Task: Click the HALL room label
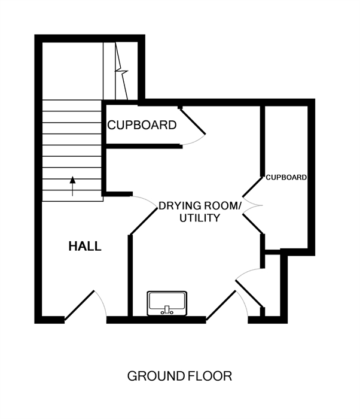click(85, 246)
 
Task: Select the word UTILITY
click(200, 218)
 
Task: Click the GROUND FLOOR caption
click(179, 377)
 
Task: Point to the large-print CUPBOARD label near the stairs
click(142, 125)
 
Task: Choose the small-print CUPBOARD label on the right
click(286, 177)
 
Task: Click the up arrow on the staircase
click(72, 186)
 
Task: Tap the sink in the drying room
click(167, 303)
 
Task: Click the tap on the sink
click(167, 310)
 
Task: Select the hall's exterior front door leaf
click(80, 305)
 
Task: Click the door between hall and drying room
click(144, 221)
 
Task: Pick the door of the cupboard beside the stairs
click(193, 121)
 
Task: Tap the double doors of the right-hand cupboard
click(252, 205)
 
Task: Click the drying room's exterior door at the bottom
click(221, 305)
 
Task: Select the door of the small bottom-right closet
click(249, 293)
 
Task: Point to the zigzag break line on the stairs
click(121, 71)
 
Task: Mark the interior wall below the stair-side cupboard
click(144, 146)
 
